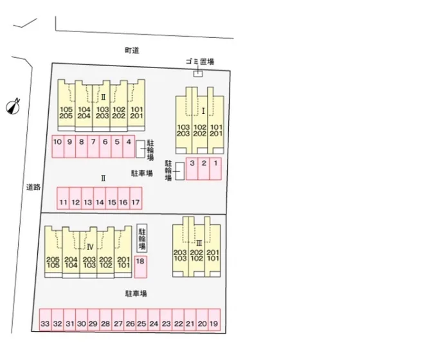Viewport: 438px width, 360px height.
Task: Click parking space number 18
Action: (x=140, y=266)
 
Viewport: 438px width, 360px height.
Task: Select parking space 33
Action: (x=45, y=321)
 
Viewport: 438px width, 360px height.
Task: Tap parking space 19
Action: (x=214, y=321)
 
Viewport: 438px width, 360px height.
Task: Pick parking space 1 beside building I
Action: (x=215, y=168)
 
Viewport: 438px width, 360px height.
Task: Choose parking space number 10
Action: (x=58, y=146)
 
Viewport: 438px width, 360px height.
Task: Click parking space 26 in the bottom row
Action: (x=130, y=321)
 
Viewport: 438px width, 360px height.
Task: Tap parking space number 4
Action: (x=129, y=146)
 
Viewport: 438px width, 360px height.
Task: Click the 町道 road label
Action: (x=132, y=50)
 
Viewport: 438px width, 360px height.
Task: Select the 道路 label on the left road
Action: (x=33, y=188)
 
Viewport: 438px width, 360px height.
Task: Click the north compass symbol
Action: (x=14, y=106)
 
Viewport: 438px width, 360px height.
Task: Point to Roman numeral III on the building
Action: (x=199, y=243)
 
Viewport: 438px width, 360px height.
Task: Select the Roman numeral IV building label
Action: (x=90, y=246)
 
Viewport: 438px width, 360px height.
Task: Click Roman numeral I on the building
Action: (x=203, y=111)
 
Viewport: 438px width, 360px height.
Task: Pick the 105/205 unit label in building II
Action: (x=66, y=113)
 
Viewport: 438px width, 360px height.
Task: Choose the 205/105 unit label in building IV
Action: (x=53, y=262)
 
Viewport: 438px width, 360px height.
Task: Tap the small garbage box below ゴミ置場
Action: (x=198, y=73)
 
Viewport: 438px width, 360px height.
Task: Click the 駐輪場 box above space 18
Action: (x=141, y=239)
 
